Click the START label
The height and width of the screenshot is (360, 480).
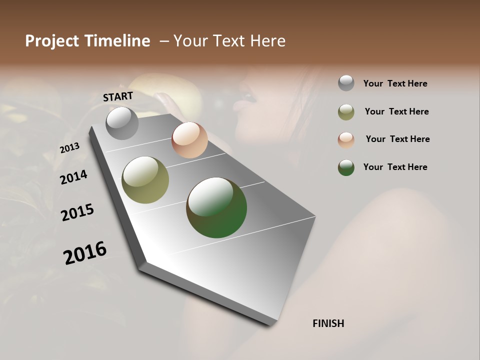pos(118,96)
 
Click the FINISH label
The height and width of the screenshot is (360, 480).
pos(328,323)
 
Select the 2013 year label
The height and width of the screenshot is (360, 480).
pos(69,148)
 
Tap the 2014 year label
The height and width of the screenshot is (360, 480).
pos(73,177)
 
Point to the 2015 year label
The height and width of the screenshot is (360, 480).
pos(77,212)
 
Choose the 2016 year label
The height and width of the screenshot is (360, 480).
pos(85,253)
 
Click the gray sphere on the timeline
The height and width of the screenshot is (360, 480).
pos(122,123)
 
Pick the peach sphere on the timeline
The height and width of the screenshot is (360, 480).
pos(189,140)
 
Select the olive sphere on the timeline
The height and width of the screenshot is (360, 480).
pos(145,180)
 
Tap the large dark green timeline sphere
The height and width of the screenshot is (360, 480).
pos(216,207)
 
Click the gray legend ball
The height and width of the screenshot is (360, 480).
pos(346,83)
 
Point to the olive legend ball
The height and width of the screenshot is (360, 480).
pos(346,112)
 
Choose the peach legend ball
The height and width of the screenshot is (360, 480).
pos(346,140)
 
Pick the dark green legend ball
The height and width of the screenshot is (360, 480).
pos(346,167)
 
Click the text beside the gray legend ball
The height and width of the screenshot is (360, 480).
pos(395,84)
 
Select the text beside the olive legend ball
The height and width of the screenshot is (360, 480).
pos(396,111)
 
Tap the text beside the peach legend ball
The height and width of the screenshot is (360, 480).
pos(397,139)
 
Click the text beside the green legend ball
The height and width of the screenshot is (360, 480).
pos(395,167)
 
